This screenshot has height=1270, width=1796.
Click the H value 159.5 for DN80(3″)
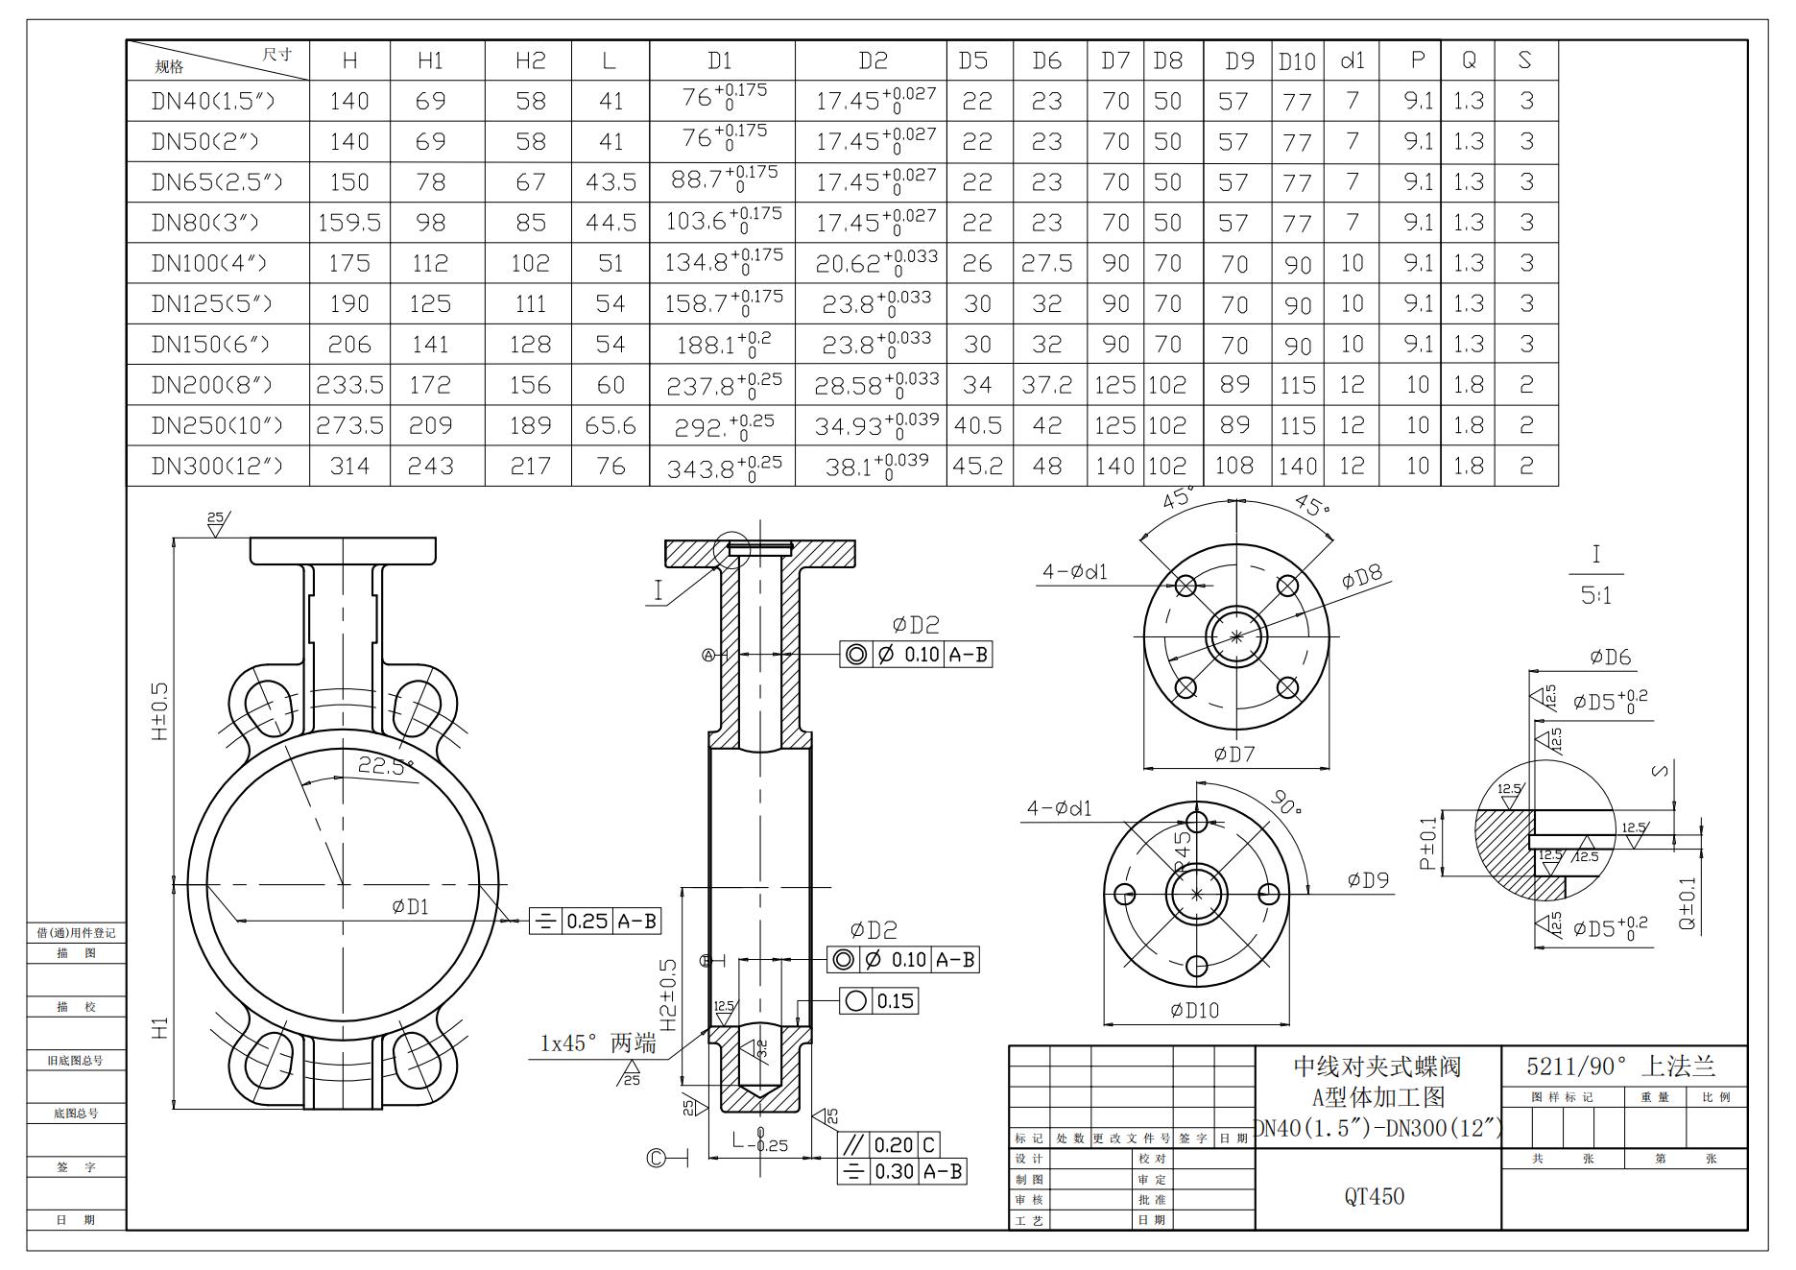[x=349, y=223]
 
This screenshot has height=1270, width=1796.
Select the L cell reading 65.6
[x=611, y=425]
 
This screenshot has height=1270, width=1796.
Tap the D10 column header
[x=1297, y=61]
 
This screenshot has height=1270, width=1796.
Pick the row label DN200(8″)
[x=212, y=385]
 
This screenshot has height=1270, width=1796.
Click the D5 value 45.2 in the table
[x=978, y=467]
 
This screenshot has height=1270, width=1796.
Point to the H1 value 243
[x=430, y=467]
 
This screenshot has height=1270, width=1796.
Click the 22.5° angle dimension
[x=385, y=765]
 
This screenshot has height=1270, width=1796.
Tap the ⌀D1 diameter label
[x=410, y=906]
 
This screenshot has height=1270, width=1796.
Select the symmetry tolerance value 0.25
[x=587, y=922]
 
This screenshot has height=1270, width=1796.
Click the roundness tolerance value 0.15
[x=895, y=1001]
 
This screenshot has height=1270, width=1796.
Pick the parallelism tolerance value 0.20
[x=894, y=1145]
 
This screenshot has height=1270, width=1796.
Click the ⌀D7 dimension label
[x=1234, y=755]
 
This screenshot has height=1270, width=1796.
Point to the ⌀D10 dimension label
[x=1195, y=1010]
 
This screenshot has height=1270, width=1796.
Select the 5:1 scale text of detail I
[x=1595, y=596]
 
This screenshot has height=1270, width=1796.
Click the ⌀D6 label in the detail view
[x=1610, y=658]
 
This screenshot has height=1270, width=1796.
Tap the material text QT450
[x=1374, y=1196]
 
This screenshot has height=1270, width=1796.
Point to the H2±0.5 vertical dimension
[x=668, y=994]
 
